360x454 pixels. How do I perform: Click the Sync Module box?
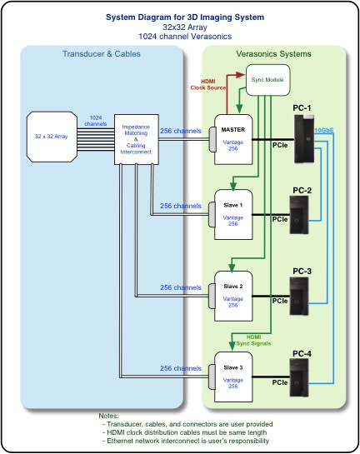(x=267, y=80)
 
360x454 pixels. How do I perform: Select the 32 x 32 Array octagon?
(x=52, y=137)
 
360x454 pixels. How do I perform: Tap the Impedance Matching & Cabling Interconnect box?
(x=137, y=139)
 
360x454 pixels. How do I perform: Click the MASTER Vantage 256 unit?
(x=233, y=140)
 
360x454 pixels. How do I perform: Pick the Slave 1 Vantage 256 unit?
(x=233, y=215)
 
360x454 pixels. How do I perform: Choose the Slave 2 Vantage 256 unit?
(x=233, y=296)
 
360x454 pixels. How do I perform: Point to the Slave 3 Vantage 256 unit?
(x=233, y=377)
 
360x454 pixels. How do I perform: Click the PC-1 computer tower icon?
(x=304, y=138)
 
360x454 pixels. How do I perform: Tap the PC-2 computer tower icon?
(x=299, y=215)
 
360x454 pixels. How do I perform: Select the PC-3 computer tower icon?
(x=299, y=297)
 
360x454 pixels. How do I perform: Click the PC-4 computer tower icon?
(x=299, y=377)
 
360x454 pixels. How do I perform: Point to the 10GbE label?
(x=324, y=130)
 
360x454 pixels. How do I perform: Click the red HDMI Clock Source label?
(x=208, y=84)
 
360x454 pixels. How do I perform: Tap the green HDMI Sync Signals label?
(x=253, y=341)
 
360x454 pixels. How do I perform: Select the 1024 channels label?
(x=96, y=121)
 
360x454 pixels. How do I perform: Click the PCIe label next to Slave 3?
(x=280, y=382)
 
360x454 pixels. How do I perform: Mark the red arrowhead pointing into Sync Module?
(x=241, y=75)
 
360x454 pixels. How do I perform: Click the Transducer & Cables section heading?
(x=102, y=54)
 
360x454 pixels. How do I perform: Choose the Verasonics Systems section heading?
(x=273, y=54)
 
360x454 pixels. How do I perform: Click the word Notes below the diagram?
(x=108, y=416)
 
